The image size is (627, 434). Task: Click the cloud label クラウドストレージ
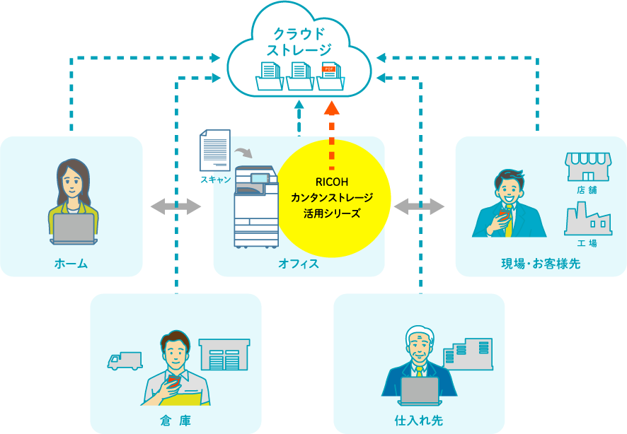299,41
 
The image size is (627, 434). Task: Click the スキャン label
215,180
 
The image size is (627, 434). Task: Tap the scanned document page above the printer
215,149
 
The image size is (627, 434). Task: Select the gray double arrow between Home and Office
176,206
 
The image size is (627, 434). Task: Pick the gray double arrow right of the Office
419,206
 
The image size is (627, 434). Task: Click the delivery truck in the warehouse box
125,360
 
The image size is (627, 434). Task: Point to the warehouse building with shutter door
224,355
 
